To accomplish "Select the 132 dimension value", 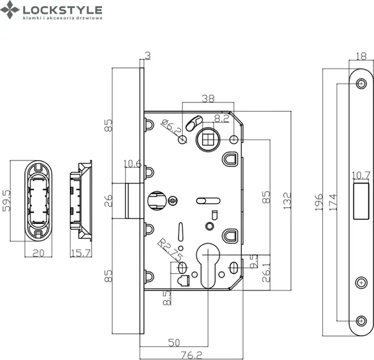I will (287, 201).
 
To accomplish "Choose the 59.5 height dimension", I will (7, 201).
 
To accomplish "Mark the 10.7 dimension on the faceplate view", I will (361, 175).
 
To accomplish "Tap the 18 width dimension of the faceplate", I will (360, 57).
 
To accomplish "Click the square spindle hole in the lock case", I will (206, 139).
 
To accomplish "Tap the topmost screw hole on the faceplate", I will (361, 84).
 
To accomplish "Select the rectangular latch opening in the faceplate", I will (360, 200).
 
